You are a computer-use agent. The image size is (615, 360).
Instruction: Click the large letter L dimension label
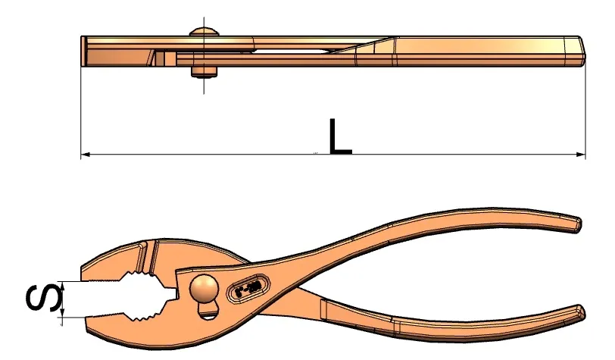tap(339, 136)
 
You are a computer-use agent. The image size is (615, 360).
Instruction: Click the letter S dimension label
tap(43, 298)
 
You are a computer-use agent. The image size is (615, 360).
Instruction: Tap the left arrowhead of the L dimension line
tap(85, 155)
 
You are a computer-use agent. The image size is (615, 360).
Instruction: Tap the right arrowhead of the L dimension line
tap(581, 155)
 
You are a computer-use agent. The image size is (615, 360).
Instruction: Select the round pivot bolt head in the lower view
tap(203, 289)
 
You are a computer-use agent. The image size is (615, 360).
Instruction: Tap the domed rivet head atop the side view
tap(204, 31)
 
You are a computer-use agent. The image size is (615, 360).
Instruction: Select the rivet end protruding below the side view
tap(204, 71)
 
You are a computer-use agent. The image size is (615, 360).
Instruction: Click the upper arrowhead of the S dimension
tap(62, 284)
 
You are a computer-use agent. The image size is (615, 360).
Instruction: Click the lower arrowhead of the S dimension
tap(62, 313)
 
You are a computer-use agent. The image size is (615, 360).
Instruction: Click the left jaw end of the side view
tap(84, 51)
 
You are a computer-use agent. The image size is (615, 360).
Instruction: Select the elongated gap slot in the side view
tap(290, 51)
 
